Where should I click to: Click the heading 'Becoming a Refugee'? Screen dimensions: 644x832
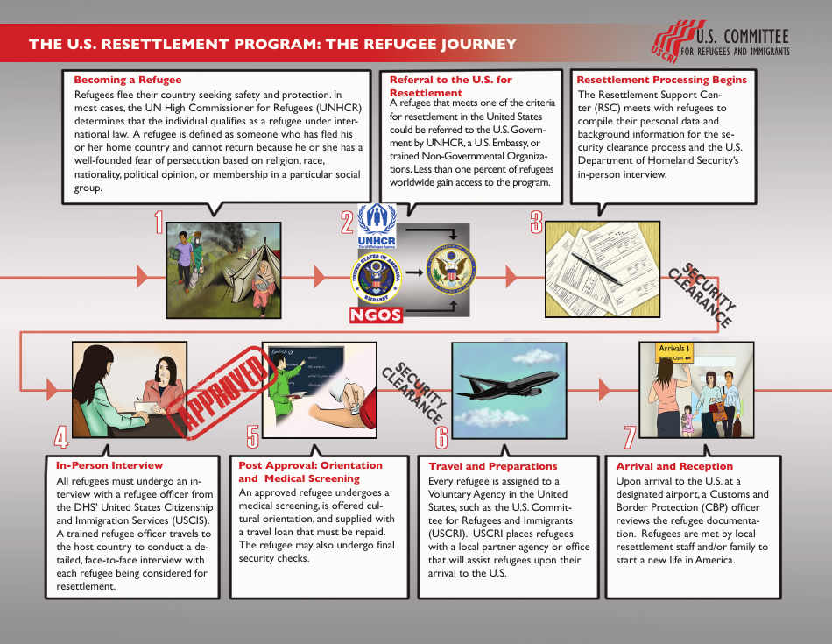(x=128, y=80)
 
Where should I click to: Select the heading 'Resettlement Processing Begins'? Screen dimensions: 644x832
(x=661, y=80)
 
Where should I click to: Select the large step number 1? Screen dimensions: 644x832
(x=159, y=223)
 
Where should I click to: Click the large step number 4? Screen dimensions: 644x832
(x=60, y=437)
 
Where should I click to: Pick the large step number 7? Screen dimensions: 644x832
(x=629, y=437)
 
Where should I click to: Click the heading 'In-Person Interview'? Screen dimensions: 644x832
(x=109, y=465)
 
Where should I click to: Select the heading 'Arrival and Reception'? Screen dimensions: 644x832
(x=674, y=466)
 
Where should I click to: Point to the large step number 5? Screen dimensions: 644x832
(x=253, y=437)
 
